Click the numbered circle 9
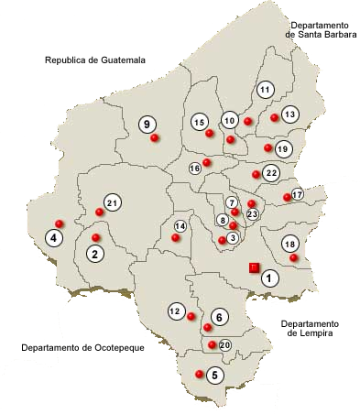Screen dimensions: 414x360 coord(147,124)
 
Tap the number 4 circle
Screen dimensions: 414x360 coord(54,238)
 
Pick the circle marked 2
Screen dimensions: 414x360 coord(94,254)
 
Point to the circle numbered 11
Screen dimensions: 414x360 coord(265,90)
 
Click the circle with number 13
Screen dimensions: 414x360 coord(289,114)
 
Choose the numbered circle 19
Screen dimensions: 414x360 coord(282,148)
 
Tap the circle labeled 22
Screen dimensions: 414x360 coord(270,172)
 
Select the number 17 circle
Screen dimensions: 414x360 coord(297,194)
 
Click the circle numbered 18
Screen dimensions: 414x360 coord(290,244)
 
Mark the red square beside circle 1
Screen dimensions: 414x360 coord(254,267)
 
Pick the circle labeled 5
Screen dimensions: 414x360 coord(214,375)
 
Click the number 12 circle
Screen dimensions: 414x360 coord(175,311)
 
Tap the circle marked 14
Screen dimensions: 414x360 coord(180,225)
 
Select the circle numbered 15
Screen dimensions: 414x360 coord(199,122)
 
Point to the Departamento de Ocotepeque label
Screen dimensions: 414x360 coord(83,348)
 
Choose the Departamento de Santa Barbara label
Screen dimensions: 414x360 coord(318,29)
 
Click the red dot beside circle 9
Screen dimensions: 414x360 coord(155,137)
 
